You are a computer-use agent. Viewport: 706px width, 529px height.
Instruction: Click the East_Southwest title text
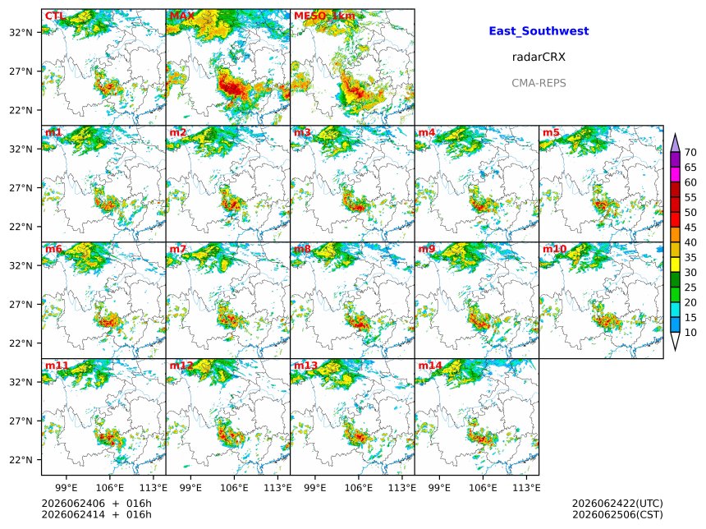[539, 31]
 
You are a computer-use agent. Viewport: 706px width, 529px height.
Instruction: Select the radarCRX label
[539, 57]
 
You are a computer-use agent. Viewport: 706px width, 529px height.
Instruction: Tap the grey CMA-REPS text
[539, 83]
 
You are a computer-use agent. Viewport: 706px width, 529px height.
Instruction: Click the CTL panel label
[54, 16]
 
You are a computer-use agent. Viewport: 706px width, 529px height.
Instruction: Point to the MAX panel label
[182, 16]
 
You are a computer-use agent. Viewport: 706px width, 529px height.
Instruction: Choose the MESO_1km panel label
[324, 16]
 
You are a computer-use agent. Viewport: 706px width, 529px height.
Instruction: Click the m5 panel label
[551, 132]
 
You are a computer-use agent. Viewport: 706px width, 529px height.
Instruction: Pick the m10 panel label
[554, 249]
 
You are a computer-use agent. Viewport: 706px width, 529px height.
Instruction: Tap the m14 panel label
[430, 366]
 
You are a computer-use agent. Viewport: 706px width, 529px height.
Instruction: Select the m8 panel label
[302, 249]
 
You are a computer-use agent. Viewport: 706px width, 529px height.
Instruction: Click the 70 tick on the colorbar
[690, 153]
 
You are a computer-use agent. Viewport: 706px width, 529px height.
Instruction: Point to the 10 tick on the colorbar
[690, 333]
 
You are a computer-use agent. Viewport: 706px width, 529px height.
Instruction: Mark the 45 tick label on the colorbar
[690, 228]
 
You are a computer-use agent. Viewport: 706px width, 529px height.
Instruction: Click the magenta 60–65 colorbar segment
[675, 175]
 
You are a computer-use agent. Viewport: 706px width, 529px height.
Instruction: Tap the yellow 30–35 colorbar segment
[675, 265]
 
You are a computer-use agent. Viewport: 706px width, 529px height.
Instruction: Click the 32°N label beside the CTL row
[21, 32]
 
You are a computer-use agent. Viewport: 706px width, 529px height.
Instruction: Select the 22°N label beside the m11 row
[21, 460]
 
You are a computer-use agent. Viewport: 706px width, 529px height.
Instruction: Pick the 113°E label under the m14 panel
[526, 488]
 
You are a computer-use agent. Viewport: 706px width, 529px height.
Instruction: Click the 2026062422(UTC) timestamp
[617, 504]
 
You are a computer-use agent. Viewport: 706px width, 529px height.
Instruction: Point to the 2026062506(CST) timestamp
[617, 514]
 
